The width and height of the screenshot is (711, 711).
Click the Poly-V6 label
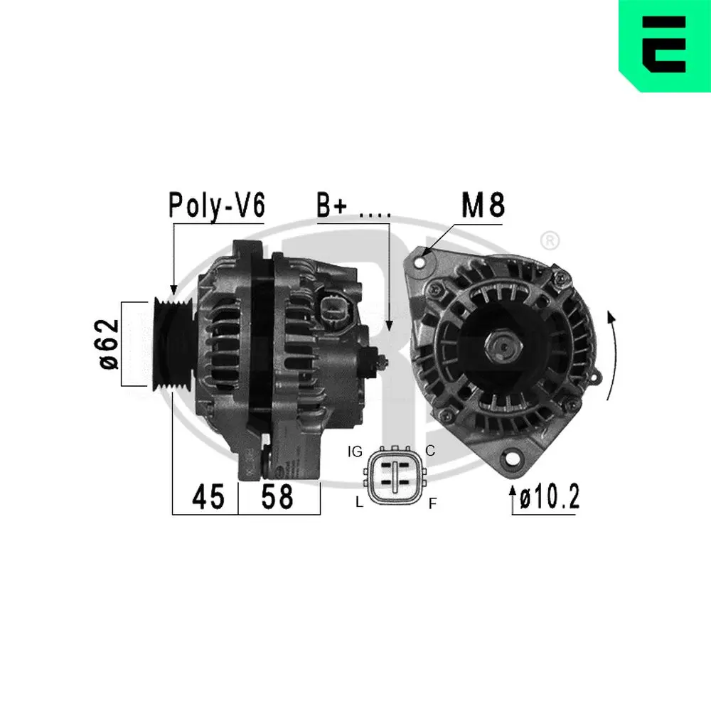click(x=216, y=205)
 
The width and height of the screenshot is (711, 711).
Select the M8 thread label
click(x=483, y=205)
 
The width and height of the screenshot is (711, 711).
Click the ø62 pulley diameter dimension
click(x=109, y=344)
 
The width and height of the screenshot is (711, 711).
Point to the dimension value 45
click(x=208, y=496)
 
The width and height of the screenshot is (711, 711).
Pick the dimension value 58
click(x=277, y=496)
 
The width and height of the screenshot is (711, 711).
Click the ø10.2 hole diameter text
click(x=549, y=497)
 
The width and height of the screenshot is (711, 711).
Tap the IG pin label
click(x=356, y=451)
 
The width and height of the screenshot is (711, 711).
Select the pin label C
click(x=429, y=450)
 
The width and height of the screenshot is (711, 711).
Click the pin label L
click(x=360, y=503)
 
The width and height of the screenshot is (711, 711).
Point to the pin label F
click(x=432, y=504)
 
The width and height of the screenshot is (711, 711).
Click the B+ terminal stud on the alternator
click(x=384, y=361)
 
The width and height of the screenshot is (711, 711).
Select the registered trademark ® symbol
click(x=549, y=242)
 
